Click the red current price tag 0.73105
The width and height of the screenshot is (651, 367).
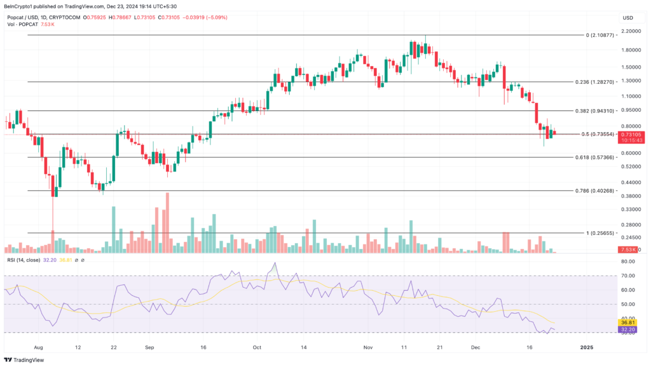point(632,134)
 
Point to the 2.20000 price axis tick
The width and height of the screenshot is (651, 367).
point(631,31)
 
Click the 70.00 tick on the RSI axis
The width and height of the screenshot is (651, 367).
point(629,276)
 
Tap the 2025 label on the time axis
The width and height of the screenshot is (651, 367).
point(587,348)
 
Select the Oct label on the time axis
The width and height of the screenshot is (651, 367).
point(257,348)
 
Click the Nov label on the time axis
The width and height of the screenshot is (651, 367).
point(367,348)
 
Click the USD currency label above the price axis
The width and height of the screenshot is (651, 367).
point(628,17)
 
